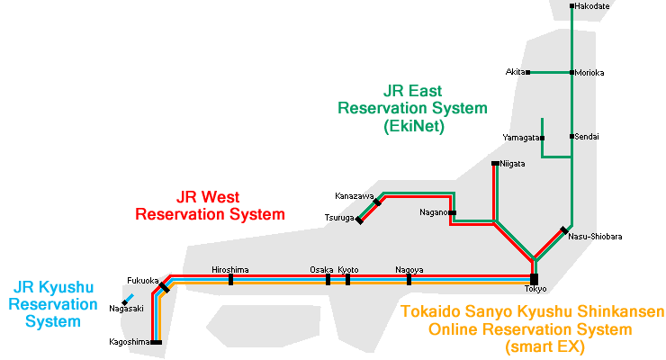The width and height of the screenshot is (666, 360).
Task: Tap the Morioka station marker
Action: [571, 72]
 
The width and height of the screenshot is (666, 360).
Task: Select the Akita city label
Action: [515, 72]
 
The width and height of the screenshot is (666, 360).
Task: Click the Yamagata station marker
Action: [542, 138]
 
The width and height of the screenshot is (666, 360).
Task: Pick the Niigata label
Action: [513, 164]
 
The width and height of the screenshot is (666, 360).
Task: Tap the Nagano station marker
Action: [453, 213]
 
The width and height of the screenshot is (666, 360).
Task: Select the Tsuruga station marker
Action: [359, 220]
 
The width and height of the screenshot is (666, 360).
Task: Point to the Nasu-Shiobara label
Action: [596, 237]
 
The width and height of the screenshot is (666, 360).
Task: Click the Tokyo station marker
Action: [534, 278]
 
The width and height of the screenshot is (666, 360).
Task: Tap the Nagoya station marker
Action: [409, 279]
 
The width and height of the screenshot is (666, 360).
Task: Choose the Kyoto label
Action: [348, 269]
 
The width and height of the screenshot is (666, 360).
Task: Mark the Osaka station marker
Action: [328, 279]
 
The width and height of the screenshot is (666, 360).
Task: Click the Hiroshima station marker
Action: [231, 279]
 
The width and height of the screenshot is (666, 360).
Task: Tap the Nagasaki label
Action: [127, 309]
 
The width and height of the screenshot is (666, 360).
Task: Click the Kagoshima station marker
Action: [157, 342]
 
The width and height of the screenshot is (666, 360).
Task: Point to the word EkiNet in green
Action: [413, 127]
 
